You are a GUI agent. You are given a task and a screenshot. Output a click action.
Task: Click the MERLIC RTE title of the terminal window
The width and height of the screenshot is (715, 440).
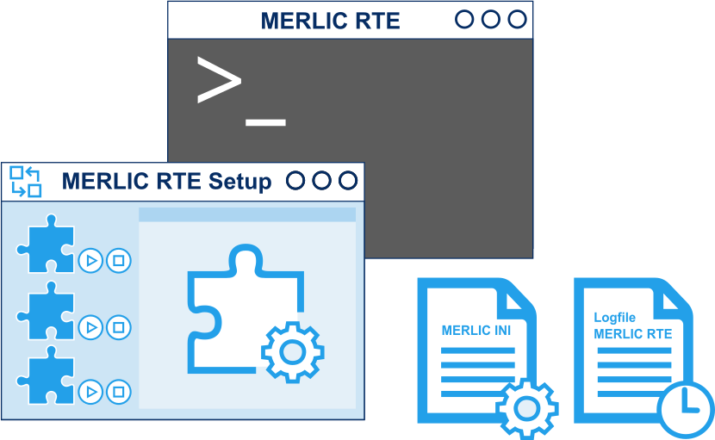330,21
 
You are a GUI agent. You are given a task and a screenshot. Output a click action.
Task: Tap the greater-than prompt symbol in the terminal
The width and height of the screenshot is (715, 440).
219,80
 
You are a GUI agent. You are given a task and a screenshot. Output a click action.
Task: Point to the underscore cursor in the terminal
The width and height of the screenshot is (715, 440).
265,122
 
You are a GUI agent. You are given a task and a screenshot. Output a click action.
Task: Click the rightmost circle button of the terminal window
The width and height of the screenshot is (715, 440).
517,19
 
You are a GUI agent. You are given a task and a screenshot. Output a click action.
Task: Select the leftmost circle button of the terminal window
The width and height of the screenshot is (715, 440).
464,19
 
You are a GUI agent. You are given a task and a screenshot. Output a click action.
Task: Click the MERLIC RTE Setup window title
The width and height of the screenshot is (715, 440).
166,182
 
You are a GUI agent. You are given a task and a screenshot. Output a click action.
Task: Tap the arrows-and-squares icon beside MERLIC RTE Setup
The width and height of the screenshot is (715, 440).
25,182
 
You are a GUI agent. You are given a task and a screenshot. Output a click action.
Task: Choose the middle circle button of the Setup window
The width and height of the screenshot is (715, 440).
321,181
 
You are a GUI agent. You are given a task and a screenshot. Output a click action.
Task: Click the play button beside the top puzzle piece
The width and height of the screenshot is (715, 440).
90,260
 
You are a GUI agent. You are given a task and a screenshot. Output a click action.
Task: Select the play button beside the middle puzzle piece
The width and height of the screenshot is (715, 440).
90,326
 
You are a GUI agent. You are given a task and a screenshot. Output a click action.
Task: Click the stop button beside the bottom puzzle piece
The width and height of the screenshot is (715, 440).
119,393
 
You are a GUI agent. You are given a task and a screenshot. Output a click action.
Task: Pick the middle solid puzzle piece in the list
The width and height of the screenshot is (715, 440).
46,312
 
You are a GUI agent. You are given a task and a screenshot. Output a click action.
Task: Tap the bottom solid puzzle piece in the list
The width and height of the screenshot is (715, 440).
46,378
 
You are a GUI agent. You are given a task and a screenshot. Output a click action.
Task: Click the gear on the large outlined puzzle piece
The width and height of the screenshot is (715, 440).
292,351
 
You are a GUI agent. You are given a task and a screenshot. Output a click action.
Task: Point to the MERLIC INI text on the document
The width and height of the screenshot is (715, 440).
476,331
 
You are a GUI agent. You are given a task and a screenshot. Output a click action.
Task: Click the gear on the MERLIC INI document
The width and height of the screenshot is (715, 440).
526,408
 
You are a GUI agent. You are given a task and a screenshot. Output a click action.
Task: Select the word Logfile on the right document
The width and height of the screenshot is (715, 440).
614,318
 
